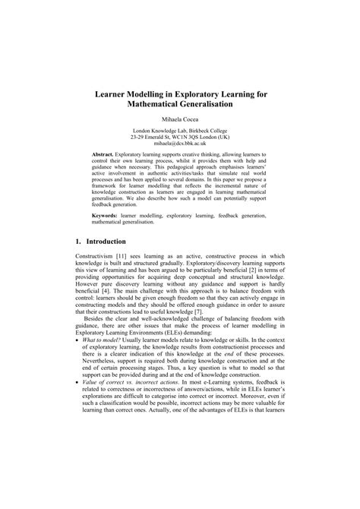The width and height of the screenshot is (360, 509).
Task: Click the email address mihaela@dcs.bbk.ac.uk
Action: tap(180, 143)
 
